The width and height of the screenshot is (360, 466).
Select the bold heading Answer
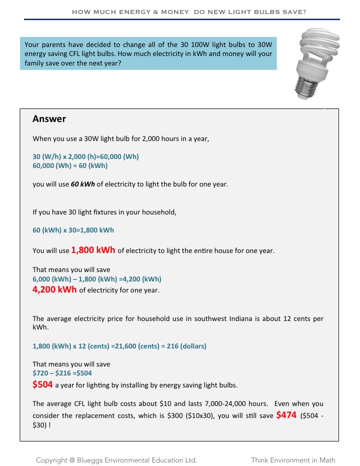pyautogui.click(x=49, y=119)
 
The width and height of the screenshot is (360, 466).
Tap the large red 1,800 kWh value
pyautogui.click(x=93, y=249)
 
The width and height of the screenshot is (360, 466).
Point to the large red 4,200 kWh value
pyautogui.click(x=54, y=289)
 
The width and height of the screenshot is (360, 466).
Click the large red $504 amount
pyautogui.click(x=42, y=384)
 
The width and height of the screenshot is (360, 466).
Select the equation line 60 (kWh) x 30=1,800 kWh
pyautogui.click(x=73, y=230)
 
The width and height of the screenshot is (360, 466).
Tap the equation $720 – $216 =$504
pyautogui.click(x=62, y=373)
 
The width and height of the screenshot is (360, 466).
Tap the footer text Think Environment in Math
pyautogui.click(x=293, y=460)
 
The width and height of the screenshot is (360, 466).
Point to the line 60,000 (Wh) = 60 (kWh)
pyautogui.click(x=70, y=165)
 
